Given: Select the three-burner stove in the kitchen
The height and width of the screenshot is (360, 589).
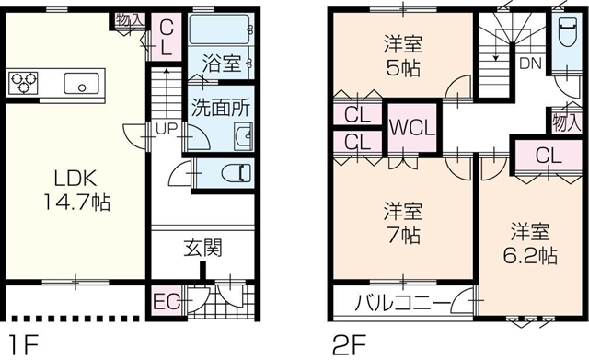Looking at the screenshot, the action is click(x=23, y=82).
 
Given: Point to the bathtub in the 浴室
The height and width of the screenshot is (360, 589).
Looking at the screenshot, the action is click(x=220, y=29).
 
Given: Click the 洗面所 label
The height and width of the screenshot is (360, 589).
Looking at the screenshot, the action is click(x=221, y=107).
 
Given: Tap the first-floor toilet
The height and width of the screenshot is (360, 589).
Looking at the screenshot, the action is click(x=237, y=174).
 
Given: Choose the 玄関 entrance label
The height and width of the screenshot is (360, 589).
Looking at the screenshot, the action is click(x=203, y=248).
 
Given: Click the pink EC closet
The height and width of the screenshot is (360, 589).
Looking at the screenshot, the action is click(x=167, y=302).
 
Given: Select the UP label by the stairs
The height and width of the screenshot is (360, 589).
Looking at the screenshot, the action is click(x=167, y=129).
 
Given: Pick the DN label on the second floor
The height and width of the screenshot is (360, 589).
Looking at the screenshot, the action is click(x=530, y=64).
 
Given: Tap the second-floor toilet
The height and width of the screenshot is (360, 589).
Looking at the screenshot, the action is click(x=567, y=32).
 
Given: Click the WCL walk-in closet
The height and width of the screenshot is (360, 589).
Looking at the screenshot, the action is click(x=412, y=128).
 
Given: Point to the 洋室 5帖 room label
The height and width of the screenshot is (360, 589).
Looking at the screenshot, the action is click(x=403, y=55).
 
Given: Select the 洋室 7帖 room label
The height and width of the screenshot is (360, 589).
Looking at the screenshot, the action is click(x=403, y=223).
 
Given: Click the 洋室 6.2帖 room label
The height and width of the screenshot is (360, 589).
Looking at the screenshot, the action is click(x=530, y=243).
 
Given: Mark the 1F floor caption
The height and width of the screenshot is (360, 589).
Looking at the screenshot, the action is click(x=23, y=345).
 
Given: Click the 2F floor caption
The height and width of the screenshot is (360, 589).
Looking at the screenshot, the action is click(x=349, y=345).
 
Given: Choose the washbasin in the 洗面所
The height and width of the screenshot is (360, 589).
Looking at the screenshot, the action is click(x=243, y=136).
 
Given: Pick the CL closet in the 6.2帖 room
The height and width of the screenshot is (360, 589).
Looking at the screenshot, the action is click(x=549, y=157).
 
